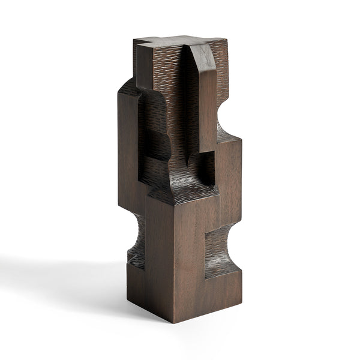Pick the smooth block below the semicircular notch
[231, 174]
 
